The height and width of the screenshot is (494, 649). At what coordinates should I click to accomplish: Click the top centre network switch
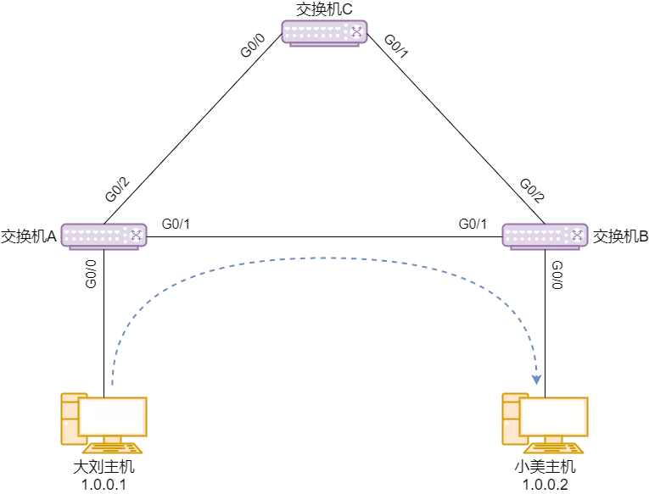click(324, 32)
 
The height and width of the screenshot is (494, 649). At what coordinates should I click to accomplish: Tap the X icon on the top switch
click(356, 32)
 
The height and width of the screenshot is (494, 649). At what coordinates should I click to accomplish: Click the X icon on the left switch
click(136, 235)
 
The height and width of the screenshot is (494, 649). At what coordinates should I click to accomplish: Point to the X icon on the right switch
click(577, 235)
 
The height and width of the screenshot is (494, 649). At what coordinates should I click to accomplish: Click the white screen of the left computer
click(113, 416)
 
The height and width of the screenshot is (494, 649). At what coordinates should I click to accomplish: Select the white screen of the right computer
click(554, 416)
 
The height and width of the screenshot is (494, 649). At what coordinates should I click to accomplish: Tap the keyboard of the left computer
click(113, 448)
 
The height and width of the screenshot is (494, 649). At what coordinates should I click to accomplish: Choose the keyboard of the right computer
click(554, 448)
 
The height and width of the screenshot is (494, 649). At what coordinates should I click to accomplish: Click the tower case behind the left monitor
click(70, 419)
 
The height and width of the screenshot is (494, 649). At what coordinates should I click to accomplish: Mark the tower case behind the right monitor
click(511, 419)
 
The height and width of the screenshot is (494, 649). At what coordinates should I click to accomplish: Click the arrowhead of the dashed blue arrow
click(536, 380)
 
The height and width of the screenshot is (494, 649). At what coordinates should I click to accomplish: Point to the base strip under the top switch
click(324, 45)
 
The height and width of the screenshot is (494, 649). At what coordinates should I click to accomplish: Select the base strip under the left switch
click(104, 248)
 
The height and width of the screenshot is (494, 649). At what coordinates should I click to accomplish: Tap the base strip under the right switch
click(545, 248)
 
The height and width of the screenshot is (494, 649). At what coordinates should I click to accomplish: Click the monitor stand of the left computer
click(112, 440)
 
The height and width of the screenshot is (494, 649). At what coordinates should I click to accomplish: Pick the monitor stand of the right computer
click(553, 440)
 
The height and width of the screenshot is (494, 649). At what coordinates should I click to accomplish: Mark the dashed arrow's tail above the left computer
click(113, 383)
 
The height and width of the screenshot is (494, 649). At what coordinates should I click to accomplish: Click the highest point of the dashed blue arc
click(327, 258)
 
